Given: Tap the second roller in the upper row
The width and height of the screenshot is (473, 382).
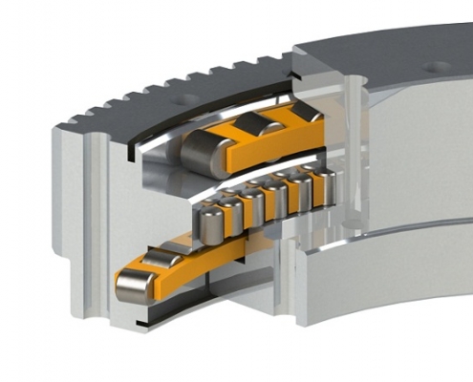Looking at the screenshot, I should pyautogui.click(x=249, y=126).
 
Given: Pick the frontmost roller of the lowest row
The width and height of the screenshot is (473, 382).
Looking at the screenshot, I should pyautogui.click(x=133, y=282).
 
